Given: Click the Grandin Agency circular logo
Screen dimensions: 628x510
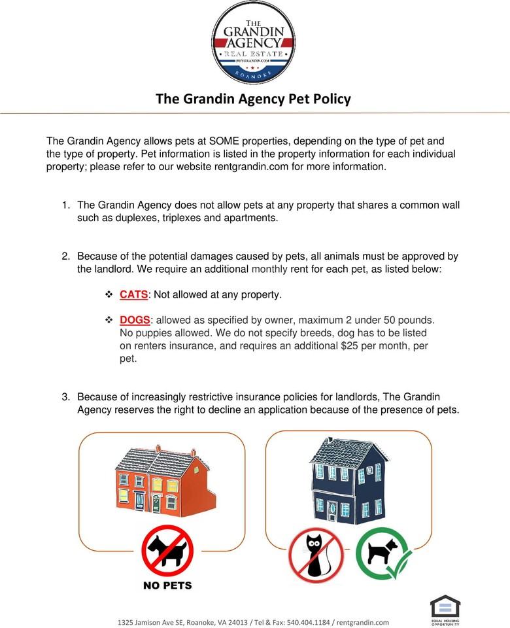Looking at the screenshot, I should (254, 43).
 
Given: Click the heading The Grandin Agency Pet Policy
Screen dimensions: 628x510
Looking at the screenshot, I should (253, 99).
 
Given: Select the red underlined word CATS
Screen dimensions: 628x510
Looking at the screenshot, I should (134, 294).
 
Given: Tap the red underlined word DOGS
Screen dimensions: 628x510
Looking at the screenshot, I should (135, 320).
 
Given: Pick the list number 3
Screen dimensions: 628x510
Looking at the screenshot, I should (65, 397).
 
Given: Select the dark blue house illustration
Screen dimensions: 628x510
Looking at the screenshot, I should (347, 480).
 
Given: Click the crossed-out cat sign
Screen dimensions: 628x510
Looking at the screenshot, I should (316, 555).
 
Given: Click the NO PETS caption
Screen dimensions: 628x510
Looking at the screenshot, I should (167, 585).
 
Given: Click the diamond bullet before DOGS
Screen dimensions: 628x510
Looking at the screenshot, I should (109, 320).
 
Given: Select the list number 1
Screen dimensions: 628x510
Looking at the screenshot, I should (65, 205).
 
